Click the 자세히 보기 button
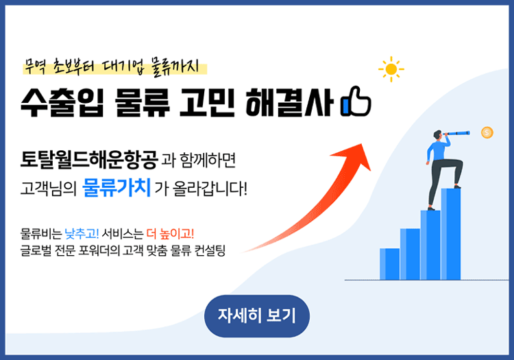pos(257,315)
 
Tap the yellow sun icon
pos(391,69)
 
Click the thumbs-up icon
pos(356,101)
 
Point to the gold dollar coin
pos(487,132)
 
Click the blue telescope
pos(456,133)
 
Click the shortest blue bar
pos(390,264)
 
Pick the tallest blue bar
pos(451,234)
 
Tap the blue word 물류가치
pos(117,187)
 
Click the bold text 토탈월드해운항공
pos(89,159)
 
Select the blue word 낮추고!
pos(82,234)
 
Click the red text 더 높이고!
pos(170,234)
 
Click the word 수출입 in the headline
pos(62,102)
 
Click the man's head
pos(438,135)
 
